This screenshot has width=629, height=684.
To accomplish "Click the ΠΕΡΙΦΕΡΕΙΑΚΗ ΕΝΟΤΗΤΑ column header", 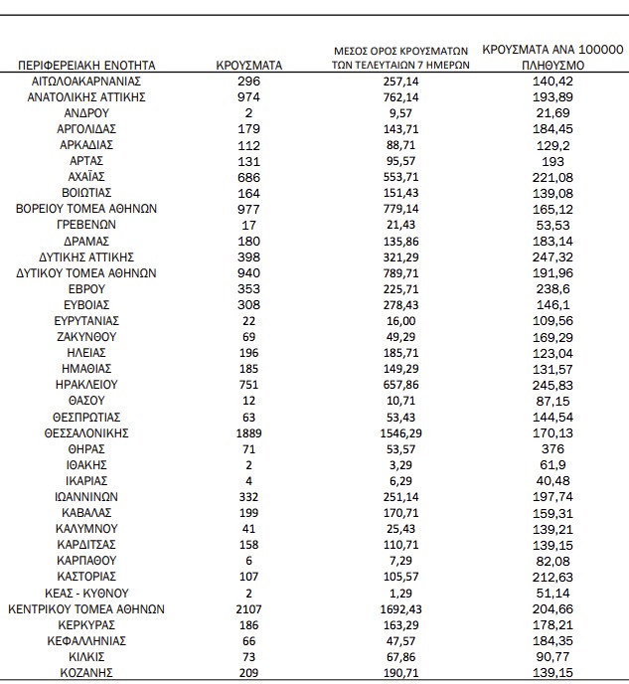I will tap(86, 65).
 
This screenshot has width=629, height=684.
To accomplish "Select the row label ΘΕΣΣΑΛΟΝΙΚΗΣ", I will tap(86, 433).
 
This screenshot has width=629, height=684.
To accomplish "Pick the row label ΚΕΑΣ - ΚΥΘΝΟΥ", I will tap(86, 593).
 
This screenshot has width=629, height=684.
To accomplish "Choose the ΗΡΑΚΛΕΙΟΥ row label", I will tap(86, 384).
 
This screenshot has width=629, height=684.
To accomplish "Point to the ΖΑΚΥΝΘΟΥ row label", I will tap(86, 336).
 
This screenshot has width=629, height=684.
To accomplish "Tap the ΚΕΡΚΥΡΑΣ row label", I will tap(86, 624).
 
